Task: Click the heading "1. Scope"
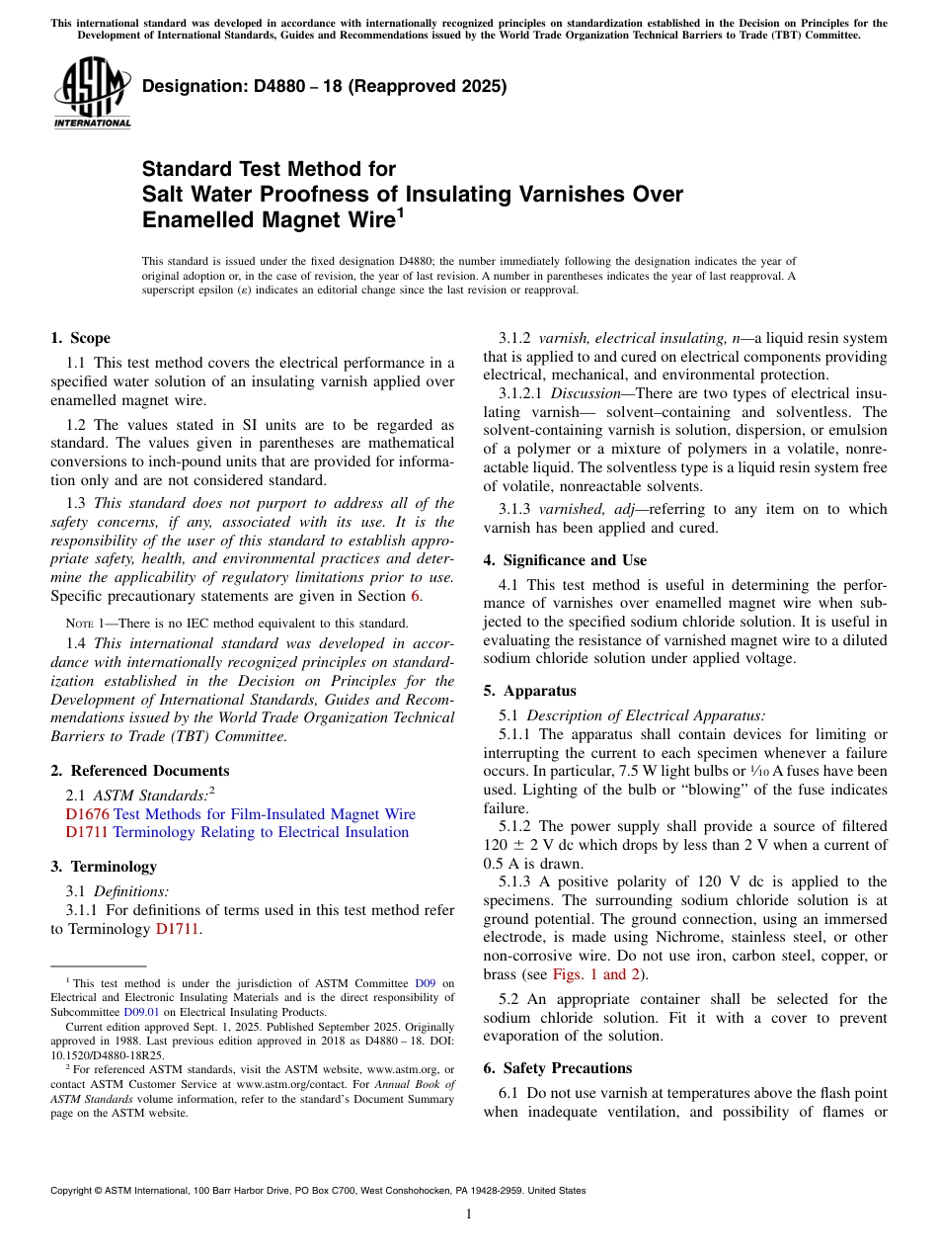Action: tap(80, 338)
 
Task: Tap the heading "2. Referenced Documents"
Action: tap(139, 771)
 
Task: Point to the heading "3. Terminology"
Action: tap(104, 867)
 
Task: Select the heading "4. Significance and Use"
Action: tap(565, 560)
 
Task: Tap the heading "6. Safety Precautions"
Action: tap(559, 1068)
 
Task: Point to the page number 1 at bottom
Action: tap(469, 1215)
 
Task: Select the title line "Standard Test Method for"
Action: tap(269, 169)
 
